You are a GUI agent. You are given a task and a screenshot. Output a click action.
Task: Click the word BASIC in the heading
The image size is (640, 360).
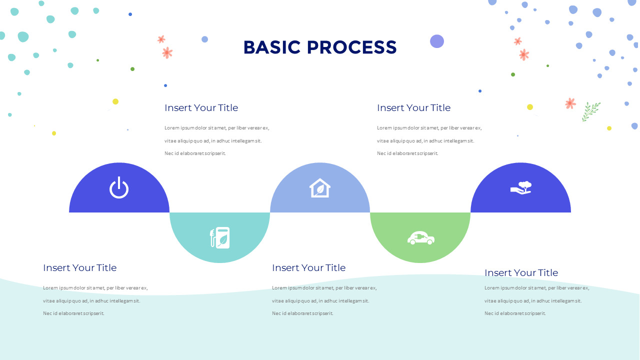272,47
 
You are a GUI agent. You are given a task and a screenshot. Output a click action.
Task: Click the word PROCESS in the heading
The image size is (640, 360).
351,47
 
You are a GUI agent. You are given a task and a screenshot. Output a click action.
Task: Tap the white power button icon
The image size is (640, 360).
119,188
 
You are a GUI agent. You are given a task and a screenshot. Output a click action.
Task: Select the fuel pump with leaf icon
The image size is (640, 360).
220,237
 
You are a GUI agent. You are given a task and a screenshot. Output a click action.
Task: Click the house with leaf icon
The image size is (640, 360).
320,188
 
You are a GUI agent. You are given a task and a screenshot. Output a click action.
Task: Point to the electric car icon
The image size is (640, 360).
420,238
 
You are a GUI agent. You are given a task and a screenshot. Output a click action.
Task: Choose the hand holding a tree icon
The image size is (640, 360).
521,187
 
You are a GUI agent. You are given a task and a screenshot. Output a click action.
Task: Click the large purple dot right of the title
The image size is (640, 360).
437,41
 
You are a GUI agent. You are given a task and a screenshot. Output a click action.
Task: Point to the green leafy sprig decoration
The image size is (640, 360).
590,111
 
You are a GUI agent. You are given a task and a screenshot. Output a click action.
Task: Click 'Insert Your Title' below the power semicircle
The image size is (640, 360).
79,267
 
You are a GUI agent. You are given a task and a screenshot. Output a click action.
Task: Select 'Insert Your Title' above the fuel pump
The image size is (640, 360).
201,107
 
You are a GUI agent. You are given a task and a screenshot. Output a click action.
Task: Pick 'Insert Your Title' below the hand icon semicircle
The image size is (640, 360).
521,272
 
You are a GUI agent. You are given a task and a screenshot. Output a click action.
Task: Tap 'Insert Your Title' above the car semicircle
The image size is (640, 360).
413,107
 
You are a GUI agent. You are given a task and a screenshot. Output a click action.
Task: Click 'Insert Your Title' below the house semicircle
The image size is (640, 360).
308,267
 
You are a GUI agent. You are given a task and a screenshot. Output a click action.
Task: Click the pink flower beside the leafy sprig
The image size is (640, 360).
570,103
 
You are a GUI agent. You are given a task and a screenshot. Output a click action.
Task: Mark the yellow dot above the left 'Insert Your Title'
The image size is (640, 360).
115,101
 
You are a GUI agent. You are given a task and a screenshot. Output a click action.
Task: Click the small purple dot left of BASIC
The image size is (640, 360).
204,39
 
